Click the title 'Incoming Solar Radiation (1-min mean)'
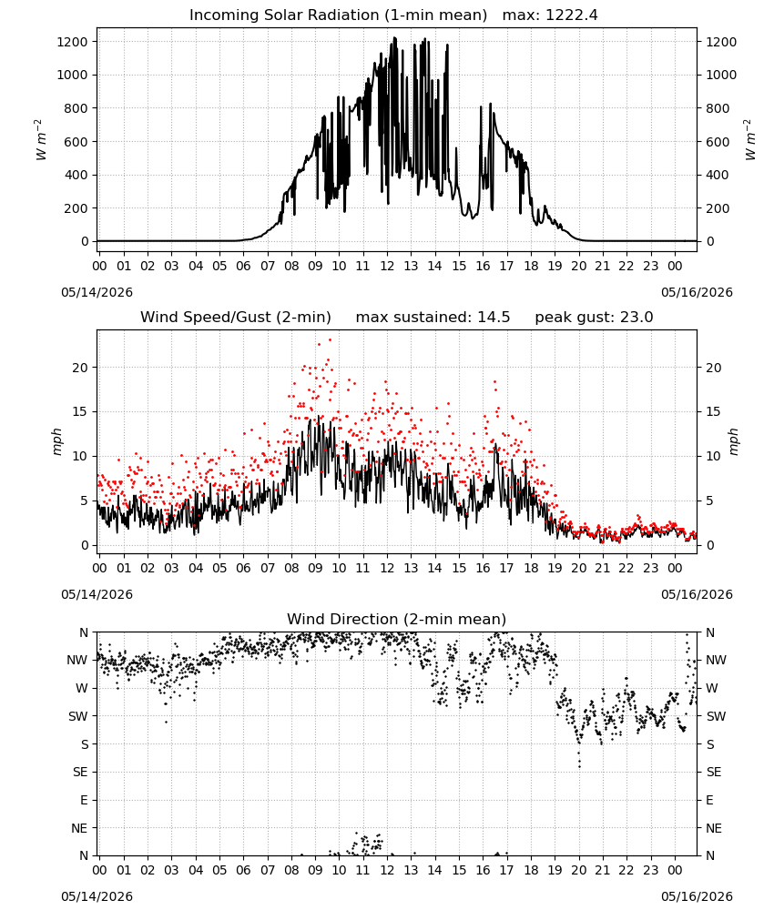tap(338, 15)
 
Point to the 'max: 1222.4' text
tap(550, 15)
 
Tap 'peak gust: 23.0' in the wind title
tap(594, 318)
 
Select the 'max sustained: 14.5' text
tap(433, 318)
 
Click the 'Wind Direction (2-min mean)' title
tap(397, 619)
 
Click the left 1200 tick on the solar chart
tap(73, 42)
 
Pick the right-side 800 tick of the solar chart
tap(718, 108)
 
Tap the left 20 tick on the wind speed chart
tap(80, 368)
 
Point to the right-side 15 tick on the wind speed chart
tap(714, 412)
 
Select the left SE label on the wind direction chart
tap(80, 773)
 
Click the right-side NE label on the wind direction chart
tap(714, 829)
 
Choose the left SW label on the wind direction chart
tap(77, 717)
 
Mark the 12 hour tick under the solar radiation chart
tap(387, 267)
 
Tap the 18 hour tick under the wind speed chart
tap(531, 568)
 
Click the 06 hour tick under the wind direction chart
tap(243, 871)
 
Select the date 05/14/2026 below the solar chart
tap(97, 292)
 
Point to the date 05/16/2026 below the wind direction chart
tap(697, 896)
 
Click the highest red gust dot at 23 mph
tap(331, 340)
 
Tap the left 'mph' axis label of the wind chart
tap(56, 441)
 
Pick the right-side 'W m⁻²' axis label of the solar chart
tap(749, 140)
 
